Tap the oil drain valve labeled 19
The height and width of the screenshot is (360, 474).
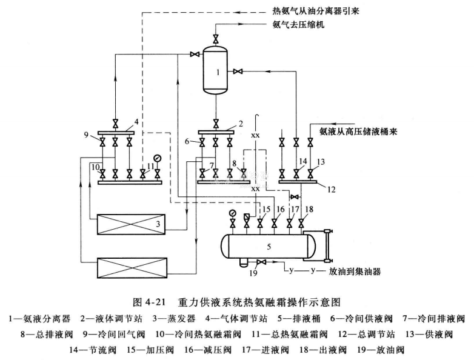[259, 262]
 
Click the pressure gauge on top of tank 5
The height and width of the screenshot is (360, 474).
[232, 213]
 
